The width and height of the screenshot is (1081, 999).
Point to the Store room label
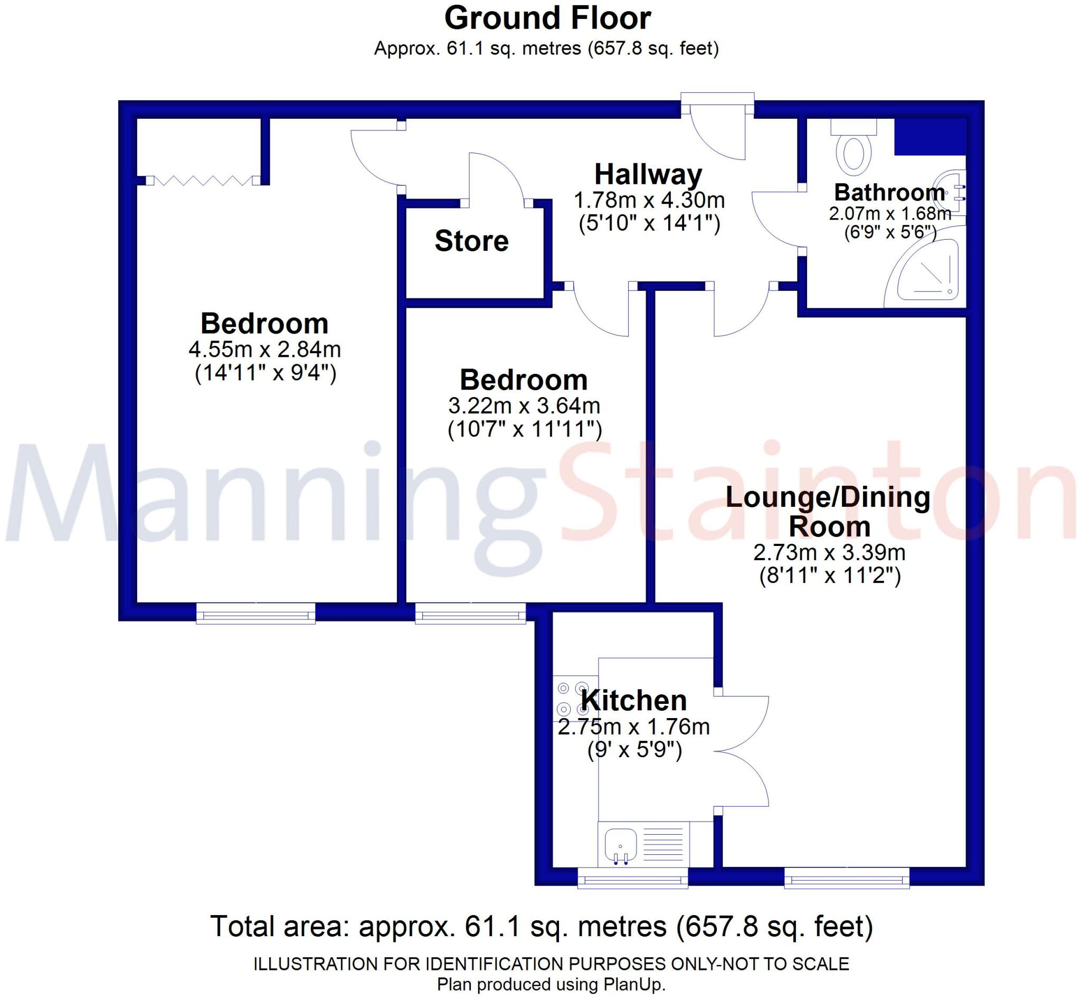pos(471,241)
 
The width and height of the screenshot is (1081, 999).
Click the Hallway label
pos(648,175)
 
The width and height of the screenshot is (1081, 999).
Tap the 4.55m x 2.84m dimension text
pos(264,350)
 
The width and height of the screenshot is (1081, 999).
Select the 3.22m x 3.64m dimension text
pos(524,406)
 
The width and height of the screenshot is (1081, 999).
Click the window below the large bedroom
pos(255,614)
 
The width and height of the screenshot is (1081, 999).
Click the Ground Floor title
pos(547,19)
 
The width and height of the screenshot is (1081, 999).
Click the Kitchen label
pos(633,701)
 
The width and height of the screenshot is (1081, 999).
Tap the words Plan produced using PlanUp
pos(551,984)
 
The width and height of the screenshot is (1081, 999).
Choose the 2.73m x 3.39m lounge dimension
pos(829,552)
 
